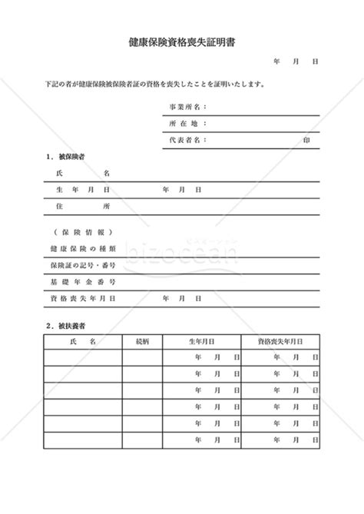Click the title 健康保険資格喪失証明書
click(181, 43)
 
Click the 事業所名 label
click(187, 108)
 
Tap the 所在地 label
click(187, 124)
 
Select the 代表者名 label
click(187, 141)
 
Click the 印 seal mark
click(307, 141)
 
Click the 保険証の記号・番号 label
click(82, 265)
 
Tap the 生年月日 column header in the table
click(201, 340)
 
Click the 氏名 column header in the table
click(82, 340)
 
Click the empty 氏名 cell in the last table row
click(82, 440)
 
